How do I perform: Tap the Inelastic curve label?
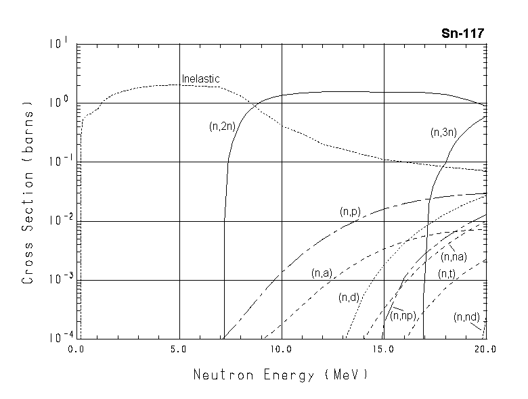coord(200,79)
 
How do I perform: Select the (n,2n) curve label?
coord(222,126)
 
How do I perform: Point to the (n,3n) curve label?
coord(443,133)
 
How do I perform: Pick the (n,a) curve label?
coord(321,273)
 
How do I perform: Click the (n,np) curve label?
coord(403,316)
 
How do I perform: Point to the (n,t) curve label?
coord(446,273)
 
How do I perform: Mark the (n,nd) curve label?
coord(467,316)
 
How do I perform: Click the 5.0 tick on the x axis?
coord(179,350)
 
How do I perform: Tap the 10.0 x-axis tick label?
coord(282,350)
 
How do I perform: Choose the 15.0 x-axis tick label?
coord(384,350)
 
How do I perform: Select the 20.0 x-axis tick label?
coord(485,350)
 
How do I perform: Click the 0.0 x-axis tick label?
coord(77,350)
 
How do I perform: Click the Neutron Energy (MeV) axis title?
coord(281,374)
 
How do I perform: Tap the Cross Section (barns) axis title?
coord(28,191)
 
